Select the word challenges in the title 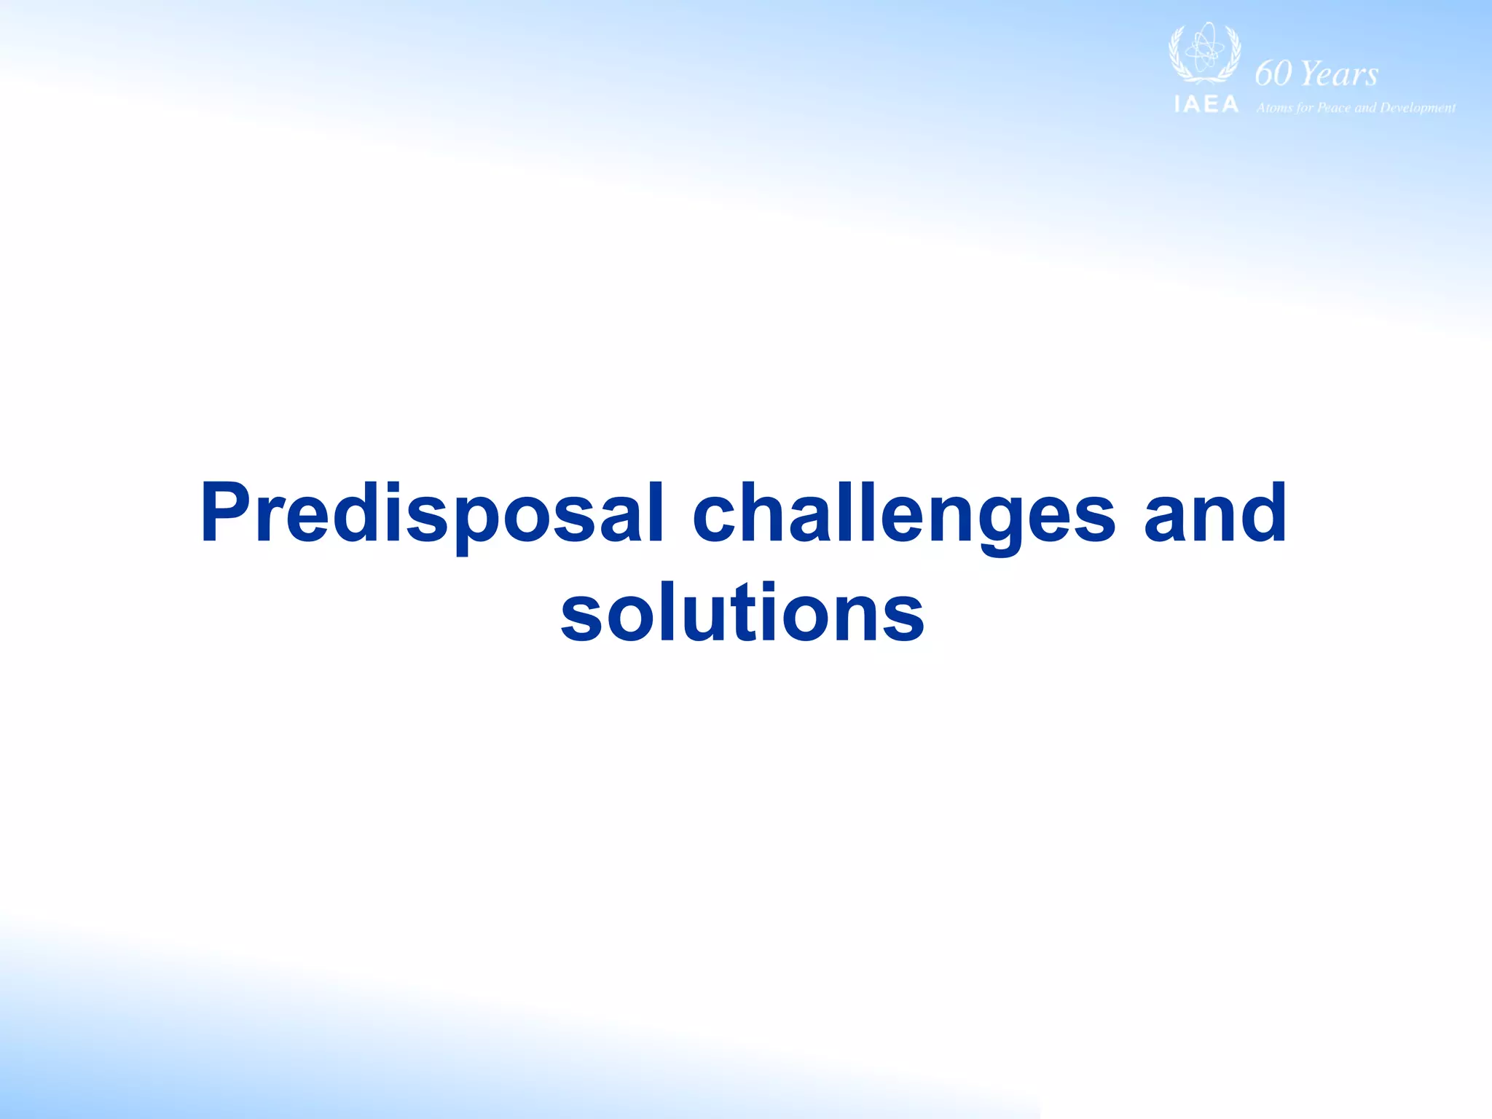903,514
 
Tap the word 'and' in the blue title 1215,514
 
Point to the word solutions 742,613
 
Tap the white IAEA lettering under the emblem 1206,105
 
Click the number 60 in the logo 1273,73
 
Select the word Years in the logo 1339,74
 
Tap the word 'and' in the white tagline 1365,108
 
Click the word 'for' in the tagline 1303,108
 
